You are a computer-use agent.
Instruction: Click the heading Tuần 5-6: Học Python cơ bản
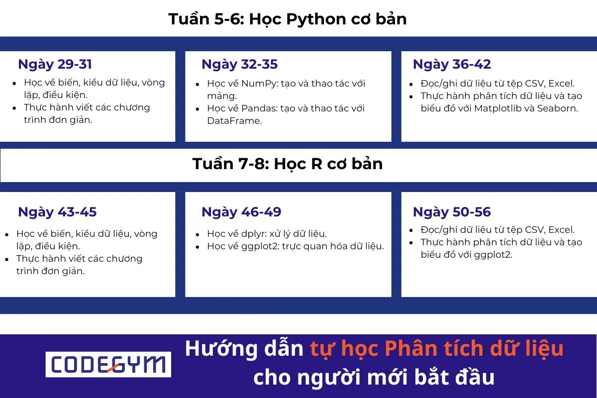[x=288, y=19]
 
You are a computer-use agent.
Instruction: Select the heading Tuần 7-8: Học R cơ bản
[x=288, y=164]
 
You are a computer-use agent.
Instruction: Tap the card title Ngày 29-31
[x=55, y=64]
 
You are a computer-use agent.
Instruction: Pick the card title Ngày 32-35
[x=239, y=64]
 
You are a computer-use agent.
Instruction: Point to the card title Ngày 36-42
[x=452, y=64]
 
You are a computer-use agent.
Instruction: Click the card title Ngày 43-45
[x=57, y=212]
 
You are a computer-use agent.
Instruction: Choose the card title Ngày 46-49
[x=241, y=212]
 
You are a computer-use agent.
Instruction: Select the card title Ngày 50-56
[x=452, y=212]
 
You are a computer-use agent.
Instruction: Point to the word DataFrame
[x=233, y=121]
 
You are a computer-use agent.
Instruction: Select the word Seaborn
[x=557, y=108]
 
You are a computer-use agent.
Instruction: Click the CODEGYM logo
[x=108, y=365]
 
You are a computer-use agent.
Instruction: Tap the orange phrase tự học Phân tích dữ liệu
[x=437, y=349]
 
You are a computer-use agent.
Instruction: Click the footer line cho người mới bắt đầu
[x=374, y=378]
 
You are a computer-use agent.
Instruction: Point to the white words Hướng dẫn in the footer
[x=244, y=349]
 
